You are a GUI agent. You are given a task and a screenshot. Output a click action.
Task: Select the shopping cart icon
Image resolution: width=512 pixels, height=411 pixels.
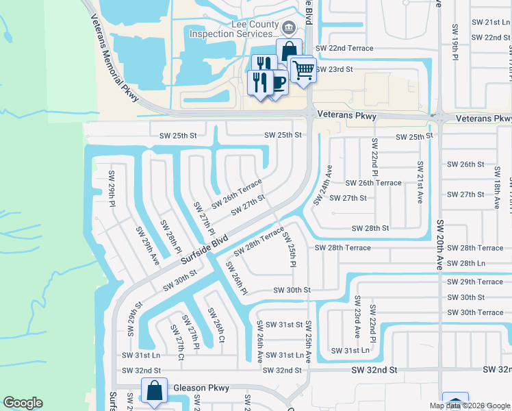(x=303, y=68)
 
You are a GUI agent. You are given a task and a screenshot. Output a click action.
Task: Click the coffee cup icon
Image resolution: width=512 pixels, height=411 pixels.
(x=277, y=83)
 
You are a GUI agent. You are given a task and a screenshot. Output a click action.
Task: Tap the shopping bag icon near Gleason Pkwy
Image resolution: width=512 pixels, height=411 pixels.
(x=155, y=391)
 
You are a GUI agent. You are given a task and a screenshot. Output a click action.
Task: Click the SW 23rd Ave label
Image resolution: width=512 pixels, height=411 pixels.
(x=357, y=317)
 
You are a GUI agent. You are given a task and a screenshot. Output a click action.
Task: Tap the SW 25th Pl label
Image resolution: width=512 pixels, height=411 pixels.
(x=290, y=250)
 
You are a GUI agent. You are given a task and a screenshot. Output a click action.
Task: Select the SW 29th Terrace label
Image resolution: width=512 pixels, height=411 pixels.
(x=475, y=282)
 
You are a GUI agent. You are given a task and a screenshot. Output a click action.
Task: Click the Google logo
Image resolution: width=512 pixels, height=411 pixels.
(x=23, y=403)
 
